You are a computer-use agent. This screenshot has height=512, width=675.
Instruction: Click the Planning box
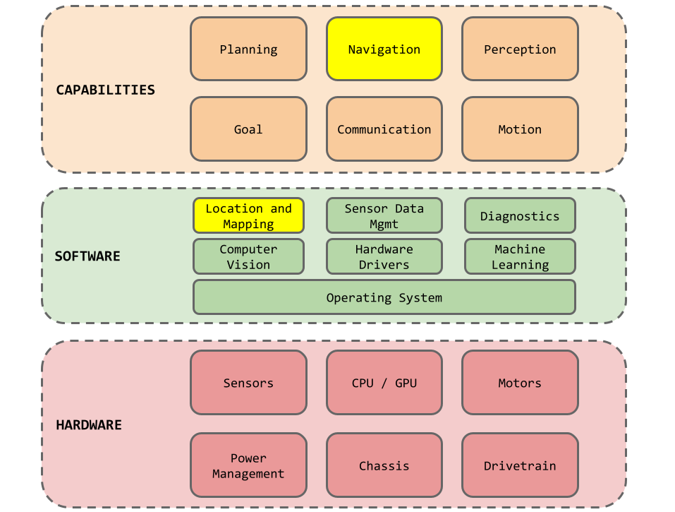[248, 49]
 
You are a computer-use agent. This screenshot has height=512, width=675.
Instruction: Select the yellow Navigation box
[384, 49]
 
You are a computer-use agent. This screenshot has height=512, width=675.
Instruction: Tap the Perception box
[520, 49]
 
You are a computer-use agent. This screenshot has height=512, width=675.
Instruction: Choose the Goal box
[248, 129]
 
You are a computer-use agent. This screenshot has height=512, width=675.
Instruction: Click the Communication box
[384, 129]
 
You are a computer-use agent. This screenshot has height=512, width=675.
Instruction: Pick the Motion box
[520, 129]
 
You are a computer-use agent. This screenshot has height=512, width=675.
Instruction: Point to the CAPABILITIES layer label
[106, 90]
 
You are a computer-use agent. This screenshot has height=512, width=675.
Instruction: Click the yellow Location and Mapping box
[248, 215]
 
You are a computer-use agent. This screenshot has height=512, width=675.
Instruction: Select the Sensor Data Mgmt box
[384, 215]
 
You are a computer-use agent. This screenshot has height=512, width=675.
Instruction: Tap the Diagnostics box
[520, 215]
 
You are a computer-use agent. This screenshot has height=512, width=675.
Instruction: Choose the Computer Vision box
[248, 256]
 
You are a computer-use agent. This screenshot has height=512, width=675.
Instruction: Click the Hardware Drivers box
[384, 256]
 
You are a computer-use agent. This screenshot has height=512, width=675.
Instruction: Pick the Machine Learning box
[520, 256]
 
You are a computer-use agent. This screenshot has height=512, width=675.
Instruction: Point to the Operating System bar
[384, 297]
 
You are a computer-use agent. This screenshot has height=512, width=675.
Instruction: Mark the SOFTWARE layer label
[87, 256]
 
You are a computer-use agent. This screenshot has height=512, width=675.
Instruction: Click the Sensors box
[248, 383]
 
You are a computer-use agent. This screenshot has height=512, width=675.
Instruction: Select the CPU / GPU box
[384, 383]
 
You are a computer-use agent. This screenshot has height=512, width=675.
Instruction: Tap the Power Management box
[248, 465]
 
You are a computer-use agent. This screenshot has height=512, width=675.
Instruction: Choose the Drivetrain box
[520, 465]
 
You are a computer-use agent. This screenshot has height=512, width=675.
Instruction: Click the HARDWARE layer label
[89, 425]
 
